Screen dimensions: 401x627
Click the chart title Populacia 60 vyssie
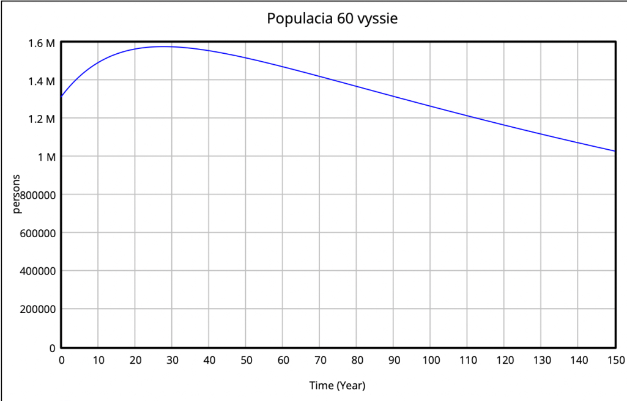click(x=332, y=19)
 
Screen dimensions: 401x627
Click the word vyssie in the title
click(x=377, y=19)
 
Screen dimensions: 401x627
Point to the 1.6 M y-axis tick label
click(x=42, y=43)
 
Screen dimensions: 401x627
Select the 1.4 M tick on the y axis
click(x=42, y=81)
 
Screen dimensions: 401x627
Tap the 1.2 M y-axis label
click(x=42, y=119)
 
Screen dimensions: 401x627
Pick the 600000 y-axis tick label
click(x=39, y=233)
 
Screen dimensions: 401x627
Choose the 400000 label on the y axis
click(x=39, y=271)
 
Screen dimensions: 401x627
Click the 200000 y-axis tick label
click(x=39, y=309)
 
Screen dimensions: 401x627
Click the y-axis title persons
click(x=17, y=194)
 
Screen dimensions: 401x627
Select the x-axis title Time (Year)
click(x=338, y=386)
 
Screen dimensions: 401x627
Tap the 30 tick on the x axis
click(x=172, y=361)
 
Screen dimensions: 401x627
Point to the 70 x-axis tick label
click(x=320, y=361)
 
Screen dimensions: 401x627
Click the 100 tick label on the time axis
click(x=431, y=361)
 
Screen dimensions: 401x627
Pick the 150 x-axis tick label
click(x=614, y=361)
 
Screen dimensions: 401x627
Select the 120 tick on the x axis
click(x=504, y=361)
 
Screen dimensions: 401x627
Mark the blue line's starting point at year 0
click(x=61, y=97)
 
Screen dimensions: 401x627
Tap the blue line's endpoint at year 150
click(x=614, y=151)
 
